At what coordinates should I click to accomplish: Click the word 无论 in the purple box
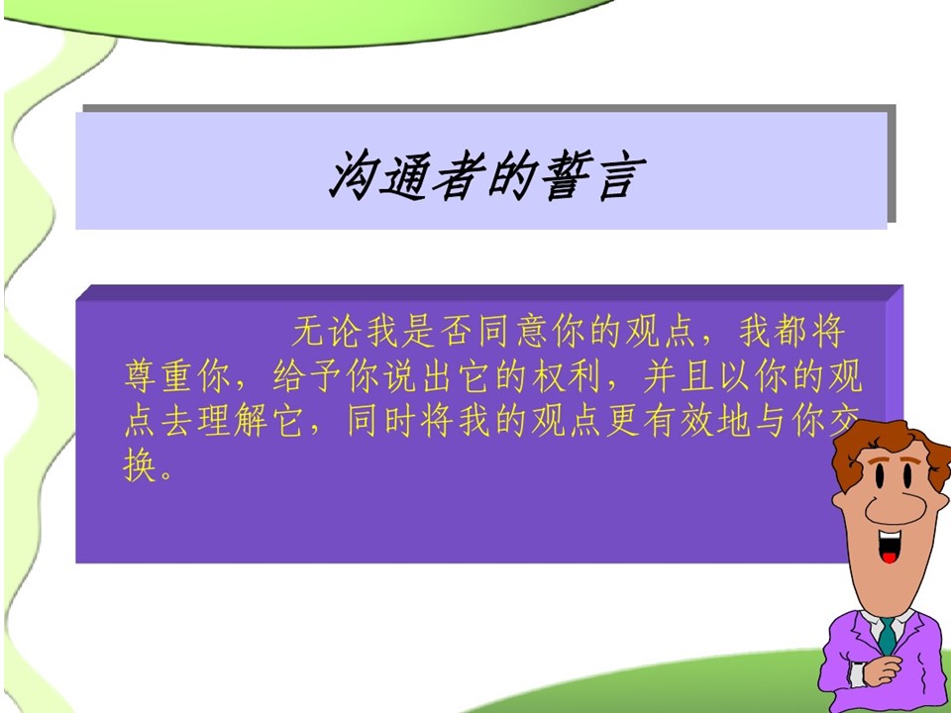pyautogui.click(x=329, y=332)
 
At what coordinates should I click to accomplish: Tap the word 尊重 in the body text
pyautogui.click(x=160, y=376)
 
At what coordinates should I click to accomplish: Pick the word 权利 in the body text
pyautogui.click(x=569, y=376)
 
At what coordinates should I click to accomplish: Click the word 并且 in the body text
pyautogui.click(x=680, y=376)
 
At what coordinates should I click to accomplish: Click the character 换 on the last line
pyautogui.click(x=141, y=465)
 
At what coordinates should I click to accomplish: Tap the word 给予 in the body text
pyautogui.click(x=309, y=376)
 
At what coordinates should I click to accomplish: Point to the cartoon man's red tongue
pyautogui.click(x=890, y=556)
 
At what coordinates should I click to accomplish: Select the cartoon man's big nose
pyautogui.click(x=896, y=505)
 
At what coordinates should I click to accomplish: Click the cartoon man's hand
pyautogui.click(x=884, y=670)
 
